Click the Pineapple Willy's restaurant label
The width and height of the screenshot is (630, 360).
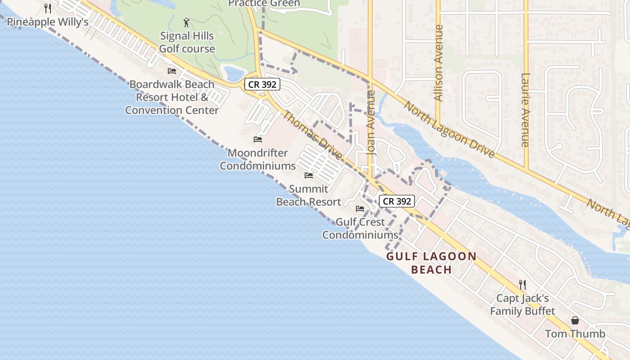click(47, 22)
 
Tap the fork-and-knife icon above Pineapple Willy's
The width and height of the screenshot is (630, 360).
click(48, 9)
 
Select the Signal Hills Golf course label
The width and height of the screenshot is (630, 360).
click(187, 42)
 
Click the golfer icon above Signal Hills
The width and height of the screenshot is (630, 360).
click(187, 22)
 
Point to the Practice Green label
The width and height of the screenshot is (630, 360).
click(264, 4)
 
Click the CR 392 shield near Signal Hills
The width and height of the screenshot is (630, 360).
click(263, 84)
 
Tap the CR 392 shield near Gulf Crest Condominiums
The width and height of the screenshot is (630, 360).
click(396, 201)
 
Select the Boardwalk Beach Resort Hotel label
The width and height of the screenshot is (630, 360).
click(172, 97)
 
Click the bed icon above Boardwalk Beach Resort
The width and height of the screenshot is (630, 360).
click(172, 71)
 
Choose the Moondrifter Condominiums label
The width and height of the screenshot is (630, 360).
click(257, 159)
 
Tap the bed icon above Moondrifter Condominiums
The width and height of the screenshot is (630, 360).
click(258, 139)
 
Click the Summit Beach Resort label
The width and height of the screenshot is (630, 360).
click(308, 195)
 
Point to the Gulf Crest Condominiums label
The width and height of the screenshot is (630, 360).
click(360, 228)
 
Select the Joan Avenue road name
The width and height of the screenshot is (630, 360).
click(371, 123)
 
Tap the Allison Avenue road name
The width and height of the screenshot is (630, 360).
click(438, 63)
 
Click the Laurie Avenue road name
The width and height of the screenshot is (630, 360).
click(525, 110)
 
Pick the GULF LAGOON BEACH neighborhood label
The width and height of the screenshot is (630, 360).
click(432, 263)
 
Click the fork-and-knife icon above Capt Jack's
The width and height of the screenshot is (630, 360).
click(522, 284)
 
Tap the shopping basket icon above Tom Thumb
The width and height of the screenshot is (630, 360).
click(575, 320)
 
